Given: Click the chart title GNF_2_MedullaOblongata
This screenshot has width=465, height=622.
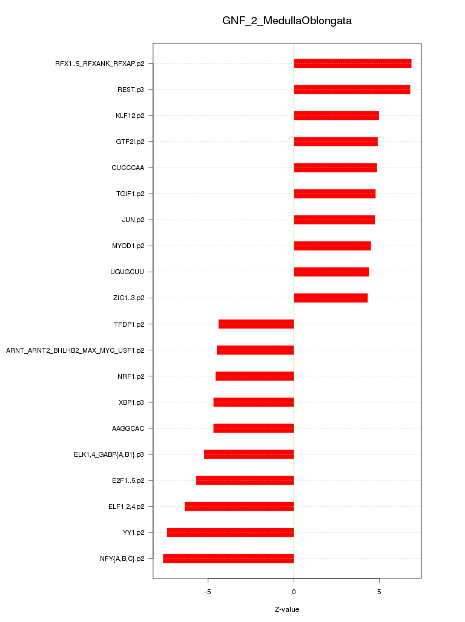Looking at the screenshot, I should point(287,21).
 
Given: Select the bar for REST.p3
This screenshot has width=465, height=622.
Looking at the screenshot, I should point(352,90).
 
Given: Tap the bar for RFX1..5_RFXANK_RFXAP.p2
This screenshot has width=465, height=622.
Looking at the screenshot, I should point(352,64).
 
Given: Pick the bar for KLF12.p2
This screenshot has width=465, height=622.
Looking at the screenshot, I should point(336,116).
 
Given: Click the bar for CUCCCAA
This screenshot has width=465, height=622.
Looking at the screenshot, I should point(335,168).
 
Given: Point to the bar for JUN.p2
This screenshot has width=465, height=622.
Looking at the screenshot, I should point(334,220).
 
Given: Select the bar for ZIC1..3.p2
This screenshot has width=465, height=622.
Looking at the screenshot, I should point(331,298).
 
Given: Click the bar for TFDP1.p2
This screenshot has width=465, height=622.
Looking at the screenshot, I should point(256,324).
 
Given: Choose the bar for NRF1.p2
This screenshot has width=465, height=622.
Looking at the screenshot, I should point(254,376).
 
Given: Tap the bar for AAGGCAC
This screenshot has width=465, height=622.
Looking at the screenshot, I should point(254,428).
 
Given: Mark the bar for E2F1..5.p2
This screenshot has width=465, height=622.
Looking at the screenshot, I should point(245,480).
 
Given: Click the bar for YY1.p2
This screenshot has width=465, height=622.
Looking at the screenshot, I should point(230,532).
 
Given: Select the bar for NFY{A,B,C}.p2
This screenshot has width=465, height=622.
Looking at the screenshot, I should point(228,558).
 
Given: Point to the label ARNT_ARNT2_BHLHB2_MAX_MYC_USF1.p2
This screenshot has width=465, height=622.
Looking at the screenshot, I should point(75,350).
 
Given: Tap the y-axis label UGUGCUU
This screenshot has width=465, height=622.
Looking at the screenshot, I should point(127,272).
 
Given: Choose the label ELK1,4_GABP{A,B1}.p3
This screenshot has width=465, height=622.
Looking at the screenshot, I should point(109,454).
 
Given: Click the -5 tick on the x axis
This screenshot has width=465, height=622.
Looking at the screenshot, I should point(208,591).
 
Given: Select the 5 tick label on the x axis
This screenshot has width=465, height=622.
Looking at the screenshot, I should point(379,591).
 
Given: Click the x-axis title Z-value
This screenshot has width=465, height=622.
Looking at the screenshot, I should point(287,609).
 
